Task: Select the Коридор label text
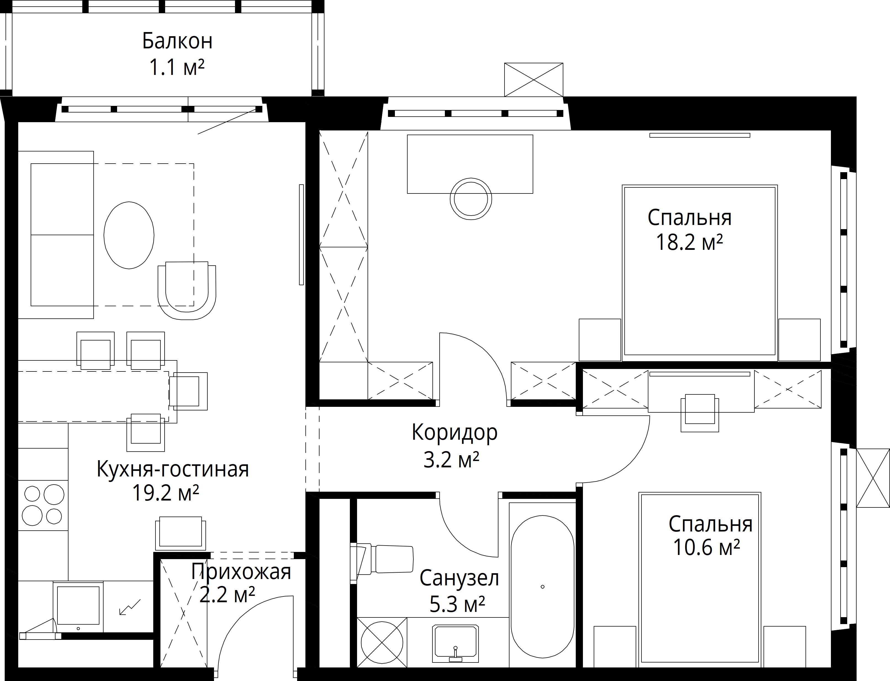(454, 433)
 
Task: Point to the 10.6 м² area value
(707, 547)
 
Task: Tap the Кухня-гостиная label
(173, 469)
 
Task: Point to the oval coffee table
(129, 235)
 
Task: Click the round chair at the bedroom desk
(471, 199)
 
